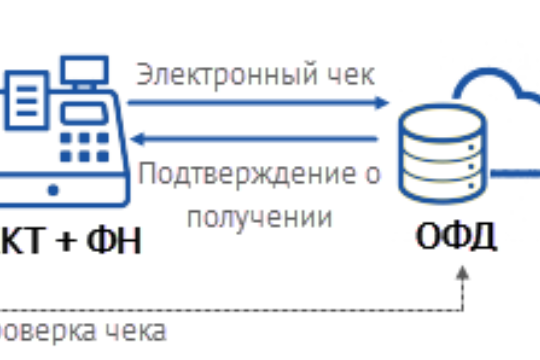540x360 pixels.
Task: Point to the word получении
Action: click(x=259, y=215)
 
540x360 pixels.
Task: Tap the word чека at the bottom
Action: click(x=139, y=330)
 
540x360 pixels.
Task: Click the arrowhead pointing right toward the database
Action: click(x=382, y=101)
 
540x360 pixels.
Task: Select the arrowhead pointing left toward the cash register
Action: click(x=141, y=139)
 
